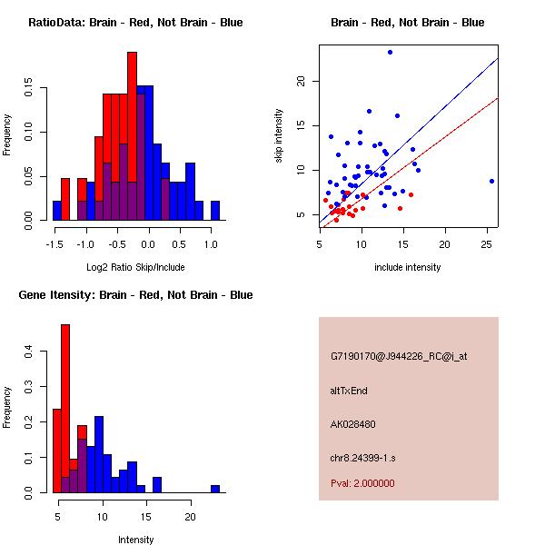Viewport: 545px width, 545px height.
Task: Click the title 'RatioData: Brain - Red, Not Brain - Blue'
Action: click(x=135, y=22)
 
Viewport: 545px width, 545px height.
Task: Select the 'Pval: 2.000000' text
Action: click(x=362, y=483)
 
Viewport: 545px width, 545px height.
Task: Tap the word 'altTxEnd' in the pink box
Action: click(x=349, y=391)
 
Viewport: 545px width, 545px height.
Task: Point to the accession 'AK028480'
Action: click(x=353, y=423)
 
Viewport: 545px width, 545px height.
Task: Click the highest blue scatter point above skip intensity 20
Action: click(x=390, y=52)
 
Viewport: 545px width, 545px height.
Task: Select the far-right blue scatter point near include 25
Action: click(x=491, y=181)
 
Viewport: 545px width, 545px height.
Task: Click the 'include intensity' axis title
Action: click(x=408, y=267)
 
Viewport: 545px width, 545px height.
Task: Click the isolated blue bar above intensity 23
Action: click(x=215, y=489)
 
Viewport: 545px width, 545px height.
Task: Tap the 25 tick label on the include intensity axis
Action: click(x=487, y=244)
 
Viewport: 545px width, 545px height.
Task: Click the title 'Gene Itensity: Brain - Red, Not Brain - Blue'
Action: click(x=135, y=294)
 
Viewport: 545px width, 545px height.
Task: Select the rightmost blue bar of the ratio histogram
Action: click(x=215, y=211)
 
